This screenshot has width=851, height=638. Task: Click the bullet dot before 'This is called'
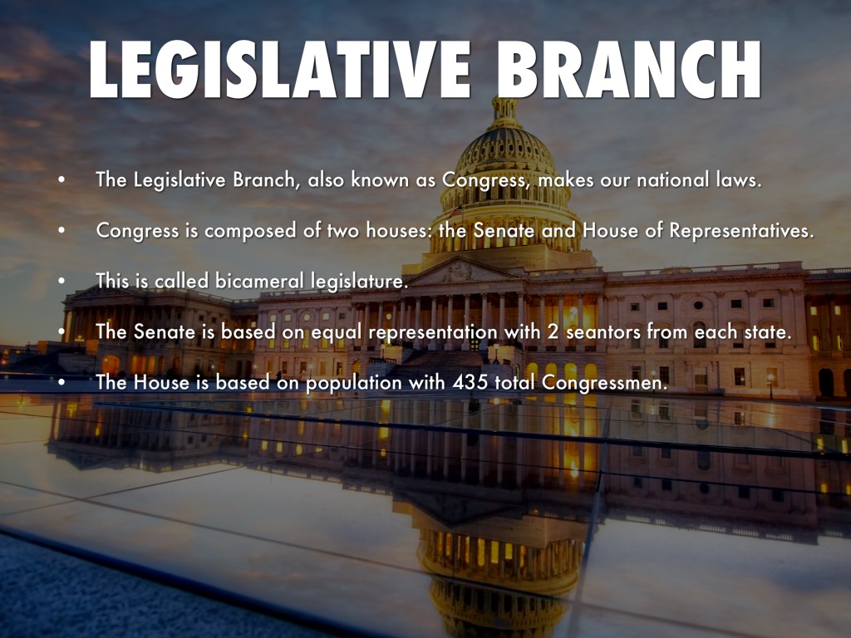click(x=62, y=282)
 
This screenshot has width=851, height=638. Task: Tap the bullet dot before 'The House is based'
click(x=62, y=383)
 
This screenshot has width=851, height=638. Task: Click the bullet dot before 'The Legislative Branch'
click(x=62, y=180)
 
